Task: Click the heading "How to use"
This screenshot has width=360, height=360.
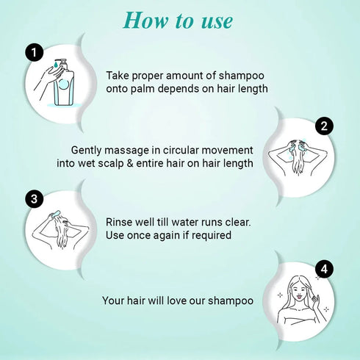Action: [178, 20]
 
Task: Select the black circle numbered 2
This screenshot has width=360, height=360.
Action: [323, 126]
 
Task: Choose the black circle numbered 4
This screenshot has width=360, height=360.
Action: [323, 270]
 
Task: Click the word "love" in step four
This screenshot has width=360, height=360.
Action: [180, 300]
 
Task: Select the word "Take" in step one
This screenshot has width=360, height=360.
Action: [120, 76]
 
